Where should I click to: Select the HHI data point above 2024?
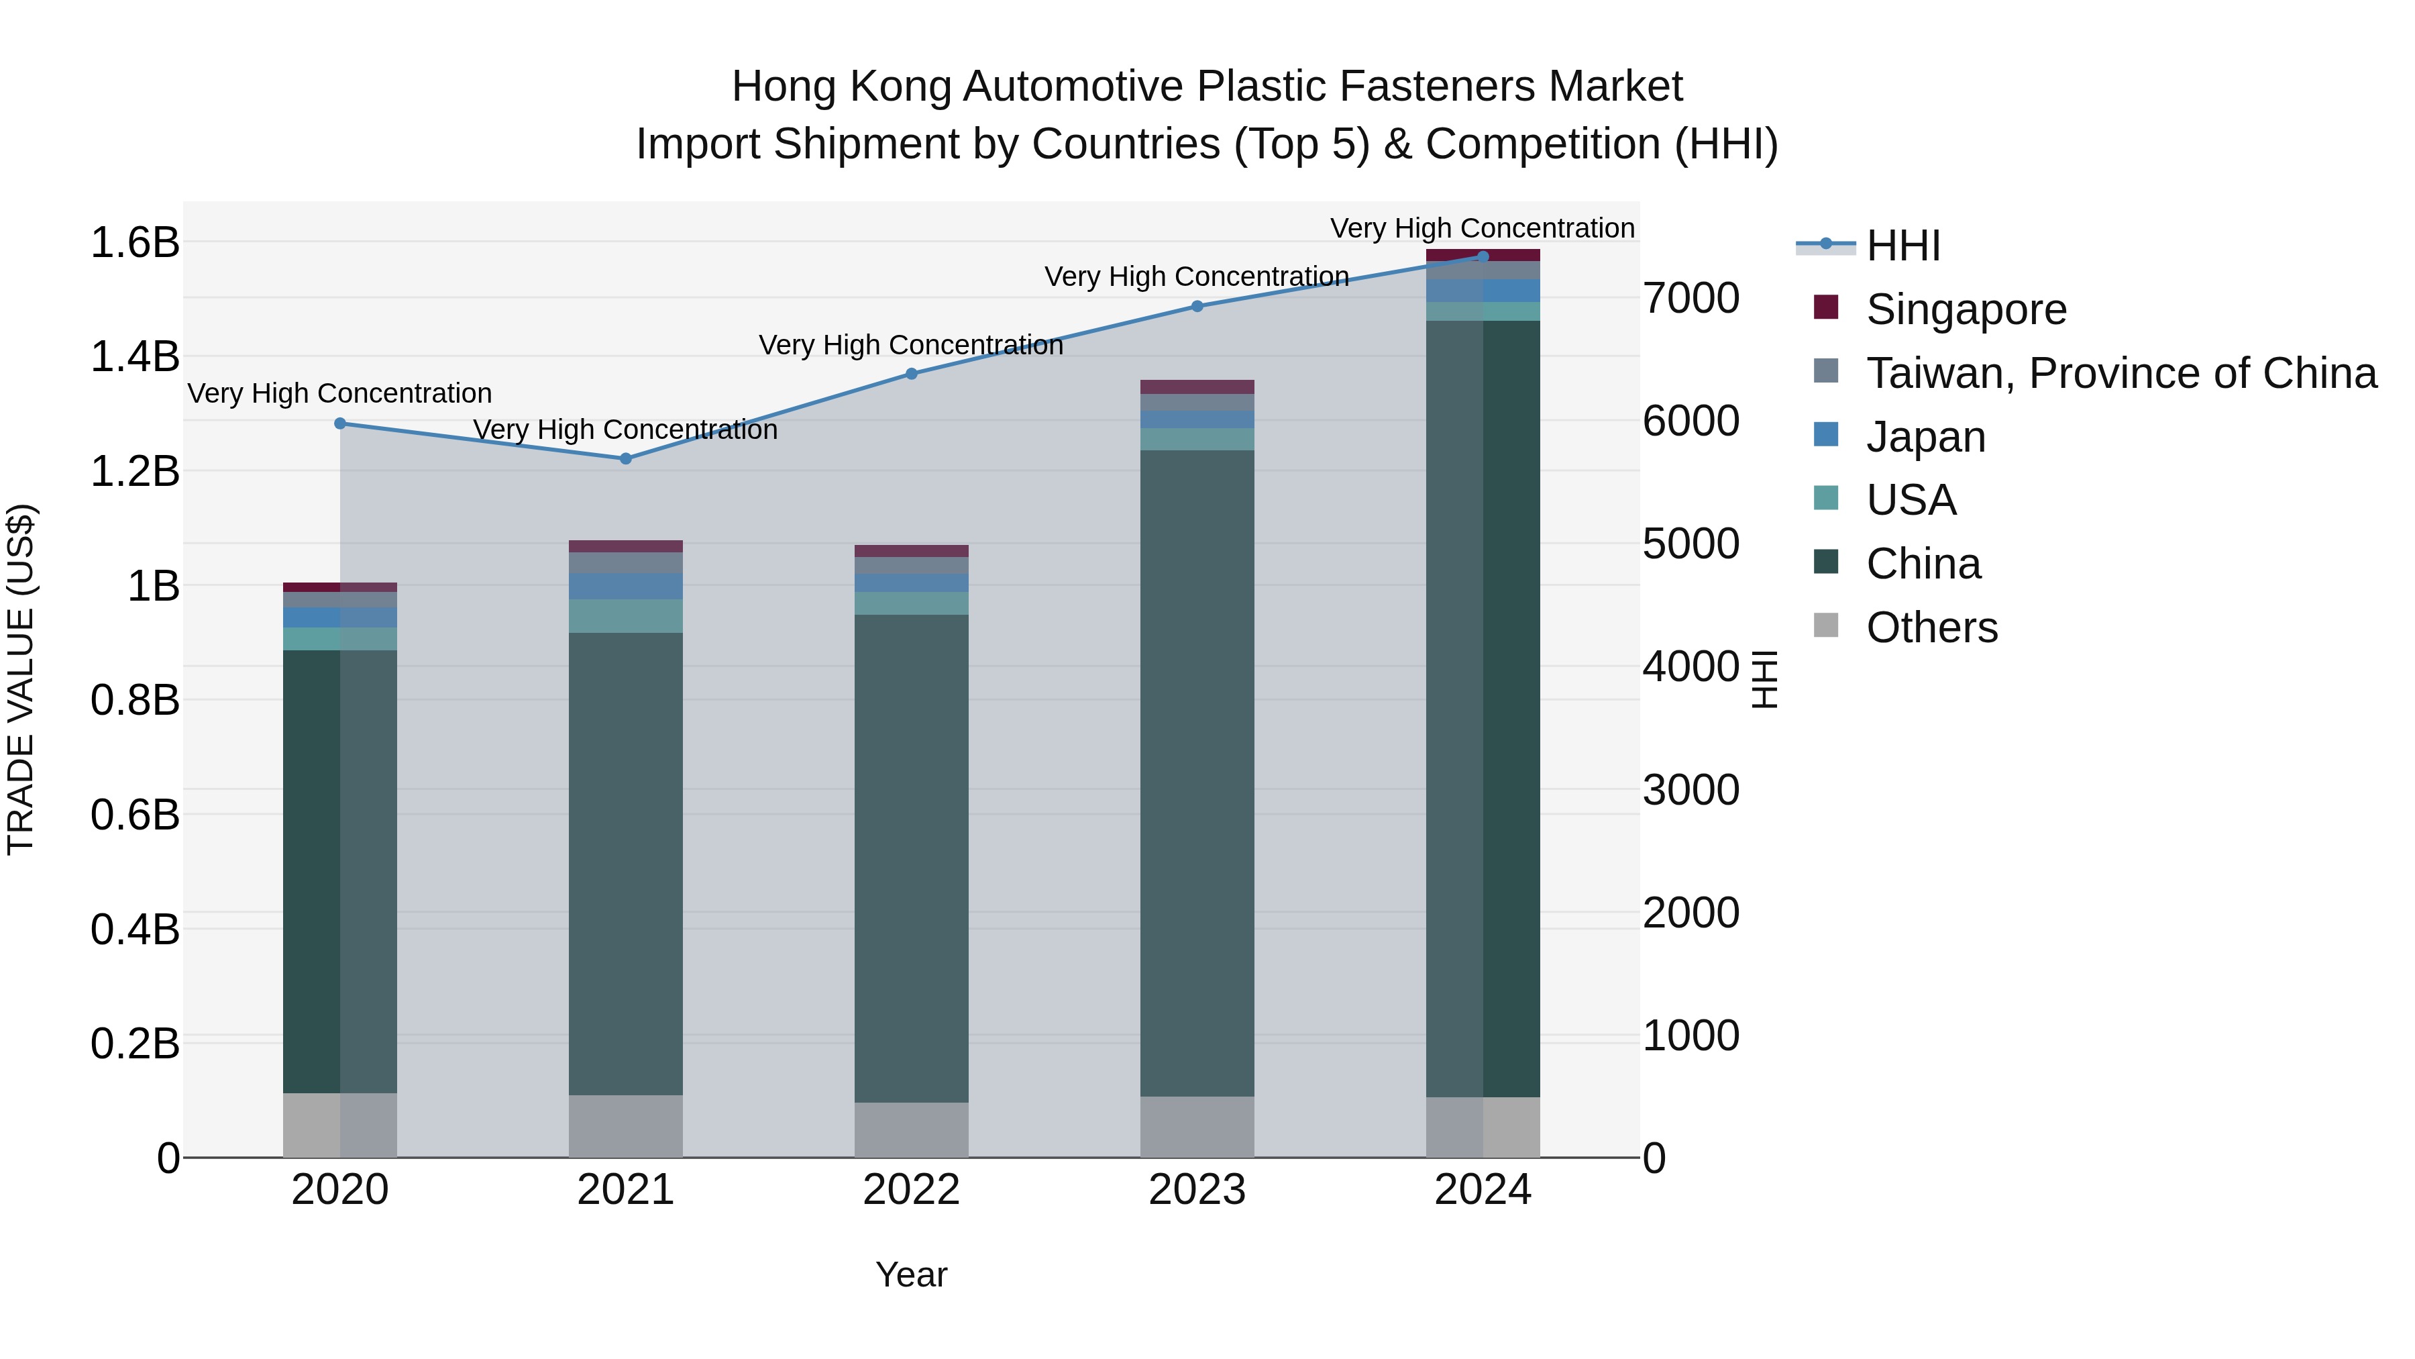point(1482,256)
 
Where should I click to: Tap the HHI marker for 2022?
point(911,373)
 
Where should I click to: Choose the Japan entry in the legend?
point(1925,437)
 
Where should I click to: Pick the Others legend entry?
point(1931,627)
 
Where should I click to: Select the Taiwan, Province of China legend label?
point(2121,373)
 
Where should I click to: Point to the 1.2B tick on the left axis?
point(135,471)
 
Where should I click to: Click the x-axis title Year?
point(911,1274)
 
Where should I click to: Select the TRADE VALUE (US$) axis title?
point(21,679)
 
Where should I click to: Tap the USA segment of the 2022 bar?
point(911,603)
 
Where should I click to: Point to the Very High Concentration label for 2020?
point(339,393)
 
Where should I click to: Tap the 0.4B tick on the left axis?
point(135,929)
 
